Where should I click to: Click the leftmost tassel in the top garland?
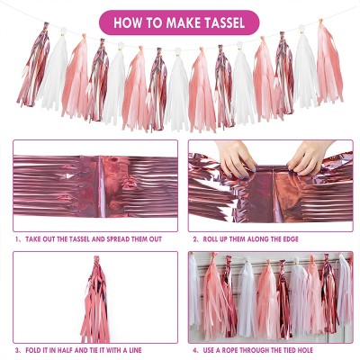[x=34, y=67]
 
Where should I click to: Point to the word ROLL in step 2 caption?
[x=213, y=239]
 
